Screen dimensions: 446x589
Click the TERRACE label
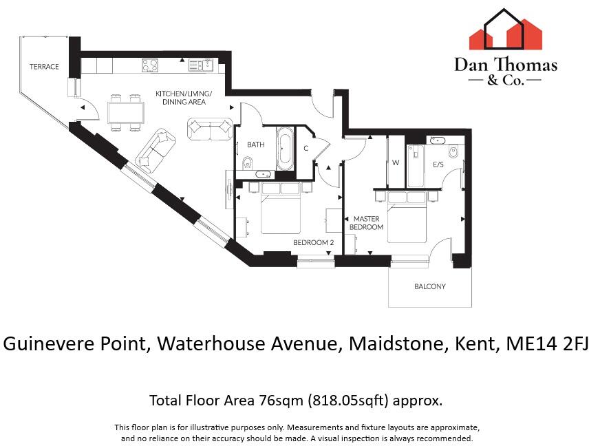43,67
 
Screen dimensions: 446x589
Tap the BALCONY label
429,287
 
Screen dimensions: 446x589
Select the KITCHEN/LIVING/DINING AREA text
184,98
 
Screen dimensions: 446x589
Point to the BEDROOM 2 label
313,242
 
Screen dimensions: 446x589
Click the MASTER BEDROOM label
366,222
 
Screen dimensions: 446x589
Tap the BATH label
256,145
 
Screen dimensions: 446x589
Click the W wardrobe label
396,164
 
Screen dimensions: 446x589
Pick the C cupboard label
306,148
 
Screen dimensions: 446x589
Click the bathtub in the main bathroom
284,149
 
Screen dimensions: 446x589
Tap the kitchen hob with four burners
151,65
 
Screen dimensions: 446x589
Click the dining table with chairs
125,111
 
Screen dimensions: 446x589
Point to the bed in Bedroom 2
281,210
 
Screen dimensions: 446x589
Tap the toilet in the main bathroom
248,163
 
